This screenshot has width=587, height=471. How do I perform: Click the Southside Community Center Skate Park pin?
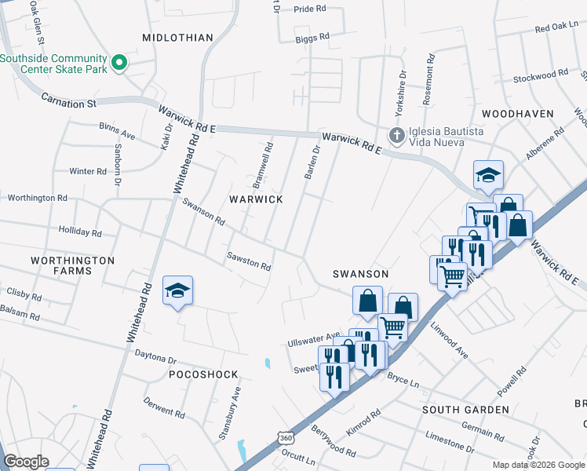pos(119,62)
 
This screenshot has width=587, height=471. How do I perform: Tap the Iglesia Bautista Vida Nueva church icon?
pos(397,135)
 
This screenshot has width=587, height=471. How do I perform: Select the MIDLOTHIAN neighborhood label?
pos(178,38)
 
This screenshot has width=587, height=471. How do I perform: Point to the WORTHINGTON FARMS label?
pos(72,265)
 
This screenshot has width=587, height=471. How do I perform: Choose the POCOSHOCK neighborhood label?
pos(198,375)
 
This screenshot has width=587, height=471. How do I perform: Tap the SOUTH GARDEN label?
pos(465,410)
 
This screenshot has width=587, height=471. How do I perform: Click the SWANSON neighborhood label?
pos(360,274)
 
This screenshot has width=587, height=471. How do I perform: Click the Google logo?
pos(27,462)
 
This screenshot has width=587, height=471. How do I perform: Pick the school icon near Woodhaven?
pos(488,175)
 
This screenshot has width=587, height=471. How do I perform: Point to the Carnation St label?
pos(68,102)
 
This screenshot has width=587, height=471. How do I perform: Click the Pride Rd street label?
pos(309,9)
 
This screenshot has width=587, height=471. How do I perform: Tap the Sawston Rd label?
pos(249,261)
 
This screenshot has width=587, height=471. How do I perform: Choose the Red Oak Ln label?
pos(556,27)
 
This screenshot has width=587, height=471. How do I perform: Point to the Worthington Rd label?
pos(36,198)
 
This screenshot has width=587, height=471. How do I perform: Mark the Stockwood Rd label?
pos(540,76)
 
